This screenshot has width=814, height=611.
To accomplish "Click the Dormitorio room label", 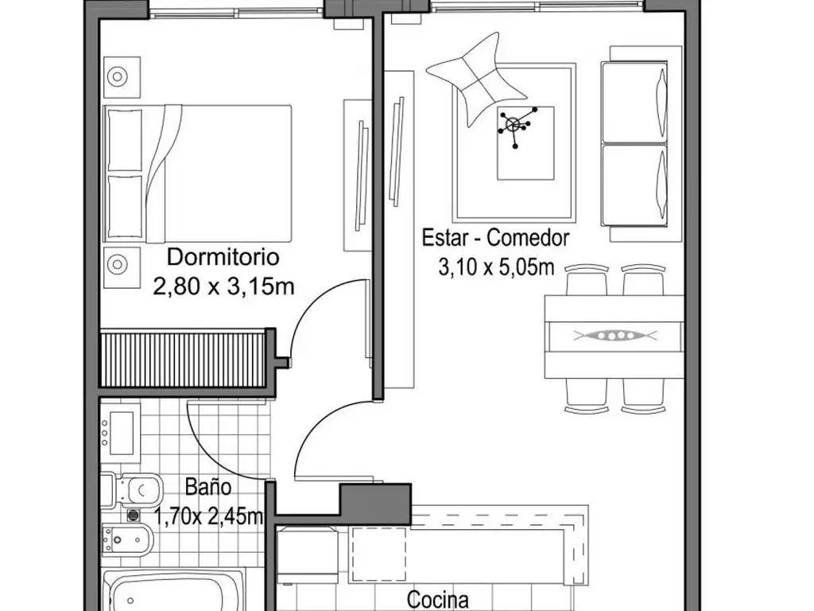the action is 223,257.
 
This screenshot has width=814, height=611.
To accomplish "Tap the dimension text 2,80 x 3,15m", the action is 223,286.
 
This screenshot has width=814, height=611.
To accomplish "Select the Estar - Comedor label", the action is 495,238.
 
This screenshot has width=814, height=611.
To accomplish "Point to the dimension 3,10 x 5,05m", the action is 496,267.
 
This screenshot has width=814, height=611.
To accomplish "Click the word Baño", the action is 208,488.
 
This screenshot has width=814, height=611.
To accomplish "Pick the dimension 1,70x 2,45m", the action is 209,517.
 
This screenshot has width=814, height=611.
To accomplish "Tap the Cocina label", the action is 438,599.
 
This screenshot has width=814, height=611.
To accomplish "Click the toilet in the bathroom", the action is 133,489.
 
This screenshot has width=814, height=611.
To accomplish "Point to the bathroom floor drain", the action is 134,515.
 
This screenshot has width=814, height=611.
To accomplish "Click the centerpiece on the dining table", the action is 615,335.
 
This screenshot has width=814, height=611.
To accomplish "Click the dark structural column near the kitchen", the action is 375,503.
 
